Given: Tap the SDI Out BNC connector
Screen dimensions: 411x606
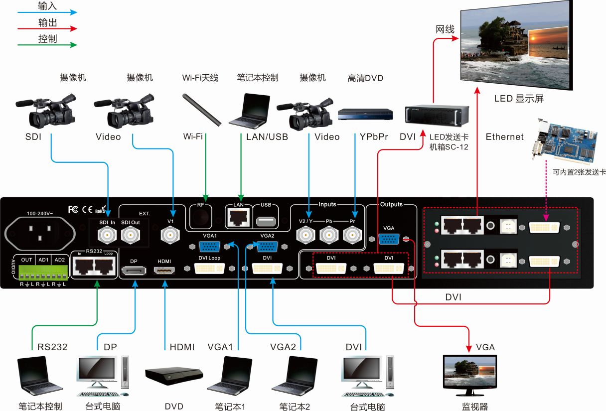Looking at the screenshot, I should pos(130,234).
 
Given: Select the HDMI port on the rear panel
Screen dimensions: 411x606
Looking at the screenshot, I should pos(164,271).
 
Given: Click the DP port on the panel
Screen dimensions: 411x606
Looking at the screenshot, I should pos(134,271).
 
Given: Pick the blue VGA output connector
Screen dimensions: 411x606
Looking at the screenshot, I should pos(389,238).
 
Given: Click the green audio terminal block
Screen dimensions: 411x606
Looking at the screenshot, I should pos(42,273).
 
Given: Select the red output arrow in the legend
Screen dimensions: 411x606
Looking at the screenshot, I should pos(47,29).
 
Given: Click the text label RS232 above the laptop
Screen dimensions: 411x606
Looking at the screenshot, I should pos(52,347).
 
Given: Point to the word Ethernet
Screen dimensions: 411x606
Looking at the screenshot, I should pos(504,137).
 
